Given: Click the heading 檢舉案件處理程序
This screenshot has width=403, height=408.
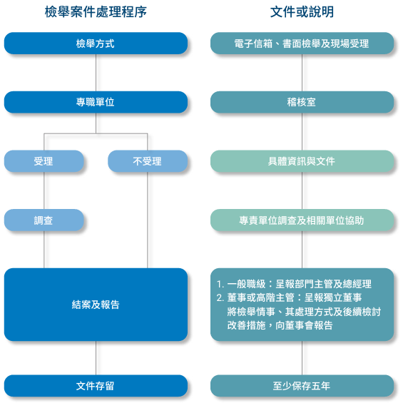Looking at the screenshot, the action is coord(96,12).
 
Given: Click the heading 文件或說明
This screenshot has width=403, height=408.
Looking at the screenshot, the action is coord(302,12).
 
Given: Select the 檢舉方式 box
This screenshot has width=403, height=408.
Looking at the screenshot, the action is coord(96,44).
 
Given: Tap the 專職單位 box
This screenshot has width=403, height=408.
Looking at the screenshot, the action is coord(96,102).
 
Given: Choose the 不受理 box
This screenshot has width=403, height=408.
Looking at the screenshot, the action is coord(148,161).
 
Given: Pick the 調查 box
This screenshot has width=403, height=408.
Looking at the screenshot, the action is coord(44,220).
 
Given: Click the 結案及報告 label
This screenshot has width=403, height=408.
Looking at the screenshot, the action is coord(96,305).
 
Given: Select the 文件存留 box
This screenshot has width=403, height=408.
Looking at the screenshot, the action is coord(96,386).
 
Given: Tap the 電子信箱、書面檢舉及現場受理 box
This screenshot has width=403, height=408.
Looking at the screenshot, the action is coord(302,44).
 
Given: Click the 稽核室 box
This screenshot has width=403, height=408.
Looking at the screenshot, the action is coord(302,102).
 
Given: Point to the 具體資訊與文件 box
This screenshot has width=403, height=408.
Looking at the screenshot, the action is coord(302,161).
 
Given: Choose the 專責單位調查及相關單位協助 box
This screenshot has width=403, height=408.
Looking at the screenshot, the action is coord(302,220).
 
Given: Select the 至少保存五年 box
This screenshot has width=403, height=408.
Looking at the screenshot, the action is coord(302,386).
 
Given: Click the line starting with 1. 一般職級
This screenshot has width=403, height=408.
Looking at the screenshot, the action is coord(294,284).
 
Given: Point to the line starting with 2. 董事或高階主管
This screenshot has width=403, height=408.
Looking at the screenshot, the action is coord(289,297).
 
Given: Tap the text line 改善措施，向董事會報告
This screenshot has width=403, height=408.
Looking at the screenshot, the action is coord(280,325).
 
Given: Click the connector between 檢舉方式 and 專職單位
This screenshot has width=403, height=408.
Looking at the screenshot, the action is coord(96,73).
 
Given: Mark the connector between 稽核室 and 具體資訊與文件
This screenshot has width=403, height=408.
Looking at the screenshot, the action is coord(302,131).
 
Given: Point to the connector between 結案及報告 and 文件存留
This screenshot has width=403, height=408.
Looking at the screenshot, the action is coord(96,358).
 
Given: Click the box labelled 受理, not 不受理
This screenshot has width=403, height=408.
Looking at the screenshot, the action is coord(44,161).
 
